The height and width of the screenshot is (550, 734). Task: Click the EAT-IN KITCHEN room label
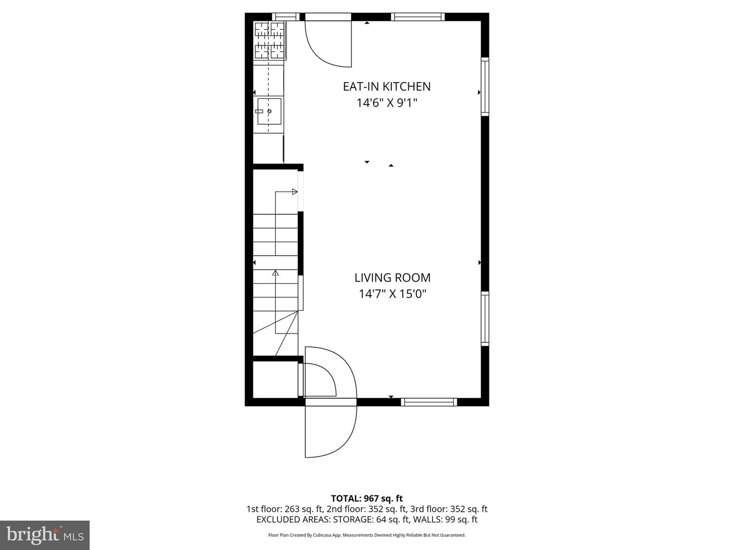[386, 87]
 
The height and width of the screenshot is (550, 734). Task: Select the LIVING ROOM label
[392, 278]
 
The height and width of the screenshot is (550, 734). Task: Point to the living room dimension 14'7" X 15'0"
[392, 294]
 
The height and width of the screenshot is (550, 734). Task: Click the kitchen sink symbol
[269, 111]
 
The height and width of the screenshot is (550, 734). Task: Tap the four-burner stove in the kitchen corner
[270, 40]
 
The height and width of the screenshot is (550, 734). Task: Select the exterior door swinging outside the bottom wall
[330, 430]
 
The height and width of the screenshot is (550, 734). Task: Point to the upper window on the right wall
[485, 87]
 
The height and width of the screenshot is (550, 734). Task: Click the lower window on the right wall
[485, 319]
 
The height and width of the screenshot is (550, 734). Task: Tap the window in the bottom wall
[429, 402]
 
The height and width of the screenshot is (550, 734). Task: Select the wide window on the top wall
[418, 17]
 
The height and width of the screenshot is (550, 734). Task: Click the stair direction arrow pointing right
[294, 192]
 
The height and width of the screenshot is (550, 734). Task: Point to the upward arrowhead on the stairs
[276, 273]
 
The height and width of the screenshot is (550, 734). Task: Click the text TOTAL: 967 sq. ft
[367, 499]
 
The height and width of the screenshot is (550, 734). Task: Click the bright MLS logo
[45, 535]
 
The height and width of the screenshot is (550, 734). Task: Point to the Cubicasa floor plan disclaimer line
[367, 535]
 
